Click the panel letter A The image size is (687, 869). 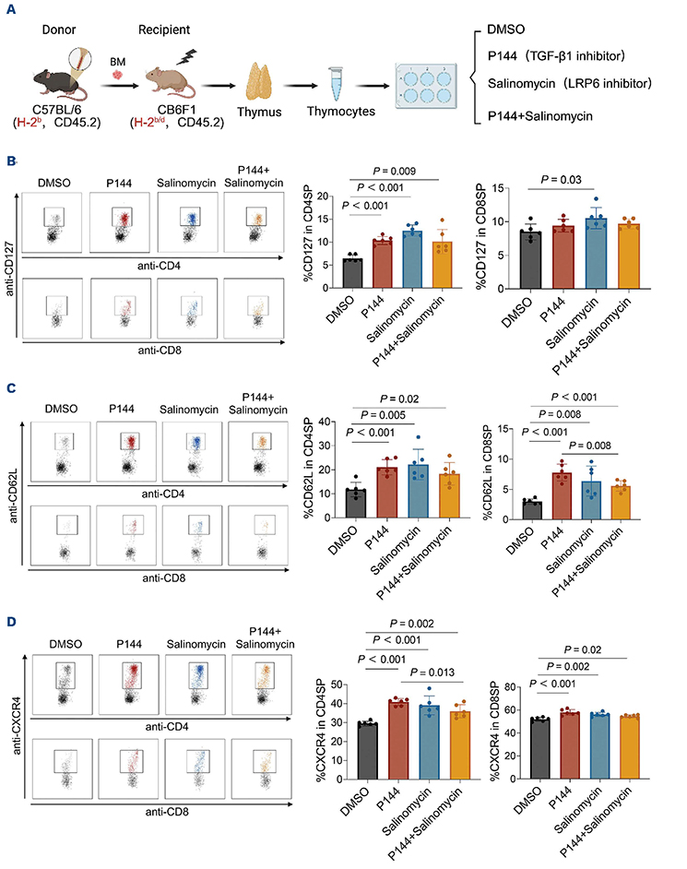pos(12,11)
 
